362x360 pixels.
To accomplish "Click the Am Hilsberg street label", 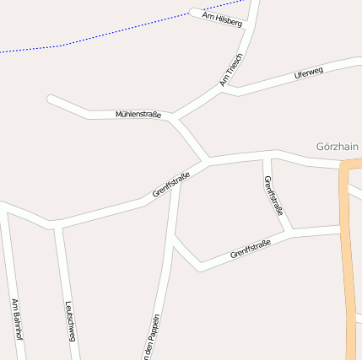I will coord(222,19).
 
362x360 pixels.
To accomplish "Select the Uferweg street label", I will coord(309,73).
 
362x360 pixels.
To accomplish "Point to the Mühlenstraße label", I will coord(138,114).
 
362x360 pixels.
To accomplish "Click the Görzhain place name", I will coord(338,145).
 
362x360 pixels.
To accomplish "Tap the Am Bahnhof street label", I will coord(15,319).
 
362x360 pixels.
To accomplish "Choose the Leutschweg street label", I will coord(71,321).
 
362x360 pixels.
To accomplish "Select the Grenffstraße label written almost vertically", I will coord(273,197).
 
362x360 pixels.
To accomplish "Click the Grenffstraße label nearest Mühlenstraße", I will coord(170,185).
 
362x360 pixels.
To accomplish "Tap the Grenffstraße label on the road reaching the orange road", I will coord(250,250).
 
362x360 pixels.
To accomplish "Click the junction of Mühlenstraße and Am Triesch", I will coord(174,116).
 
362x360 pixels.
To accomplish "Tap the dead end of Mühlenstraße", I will coord(51,99).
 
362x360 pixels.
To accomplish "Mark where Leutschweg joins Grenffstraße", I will coord(56,225).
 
